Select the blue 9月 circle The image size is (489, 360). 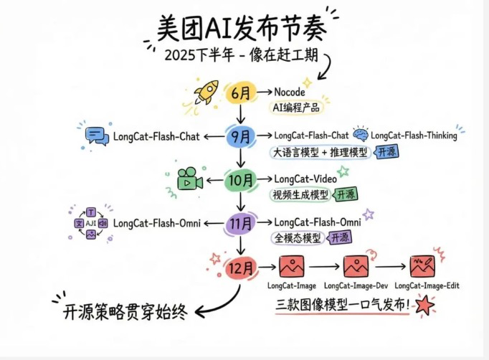[239, 136]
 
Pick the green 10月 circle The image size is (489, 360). [239, 179]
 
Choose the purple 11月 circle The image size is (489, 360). [239, 224]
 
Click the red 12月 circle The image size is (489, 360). [239, 267]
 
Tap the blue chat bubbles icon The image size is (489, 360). [95, 136]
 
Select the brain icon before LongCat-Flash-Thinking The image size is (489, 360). [360, 135]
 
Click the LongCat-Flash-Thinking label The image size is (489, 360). [414, 136]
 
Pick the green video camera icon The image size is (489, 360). [186, 179]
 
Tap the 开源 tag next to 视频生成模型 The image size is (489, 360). [346, 194]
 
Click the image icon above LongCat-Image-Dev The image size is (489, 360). [356, 267]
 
